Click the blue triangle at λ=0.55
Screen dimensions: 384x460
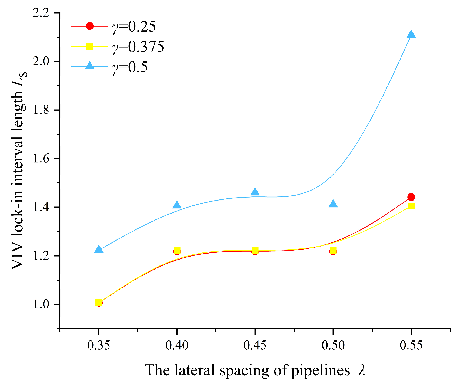click(411, 34)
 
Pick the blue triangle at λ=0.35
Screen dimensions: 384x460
click(99, 250)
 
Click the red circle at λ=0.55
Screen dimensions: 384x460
click(411, 197)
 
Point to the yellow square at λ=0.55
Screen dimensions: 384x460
click(411, 206)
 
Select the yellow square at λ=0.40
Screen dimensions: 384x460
click(177, 250)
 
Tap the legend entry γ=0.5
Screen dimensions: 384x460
click(130, 67)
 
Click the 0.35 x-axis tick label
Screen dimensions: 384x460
click(99, 346)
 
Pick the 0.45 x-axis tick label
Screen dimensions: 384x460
click(255, 346)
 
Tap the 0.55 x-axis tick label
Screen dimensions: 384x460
click(411, 346)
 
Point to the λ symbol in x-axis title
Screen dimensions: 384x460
click(362, 370)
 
